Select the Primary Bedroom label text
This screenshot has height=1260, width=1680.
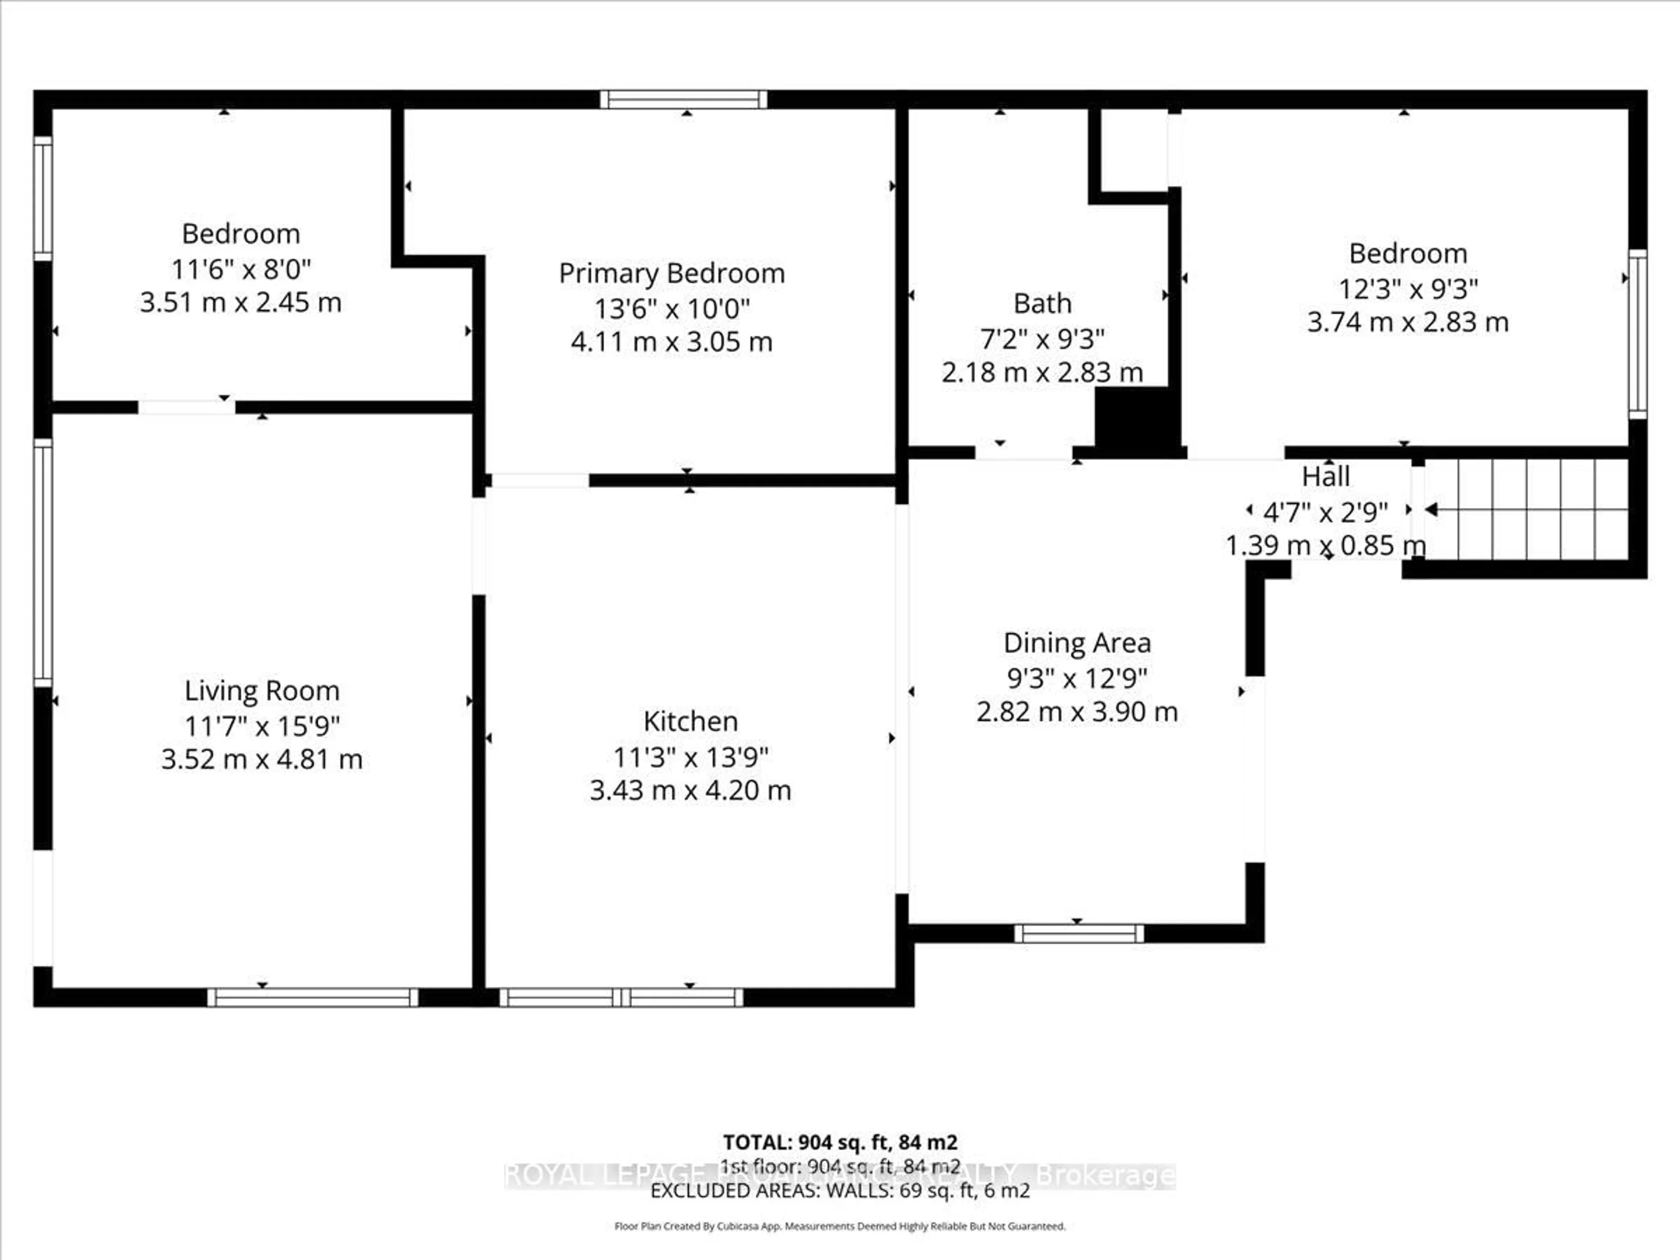[672, 273]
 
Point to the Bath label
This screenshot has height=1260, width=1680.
[1042, 303]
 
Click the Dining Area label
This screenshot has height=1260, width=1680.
[1077, 643]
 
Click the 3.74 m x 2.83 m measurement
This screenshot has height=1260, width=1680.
[1407, 322]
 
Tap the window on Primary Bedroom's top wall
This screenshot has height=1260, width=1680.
[683, 99]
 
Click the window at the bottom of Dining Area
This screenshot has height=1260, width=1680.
[1078, 934]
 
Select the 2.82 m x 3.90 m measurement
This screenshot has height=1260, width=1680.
[1077, 712]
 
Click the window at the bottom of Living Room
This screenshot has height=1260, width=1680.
[312, 997]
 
